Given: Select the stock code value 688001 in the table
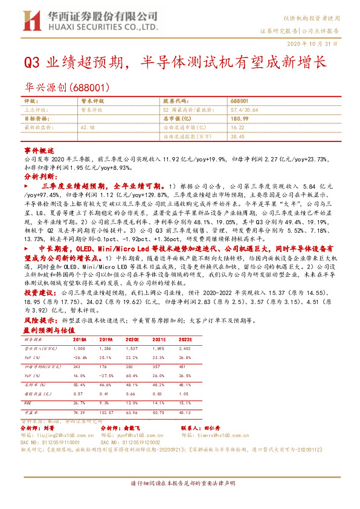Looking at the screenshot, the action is point(239,102).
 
